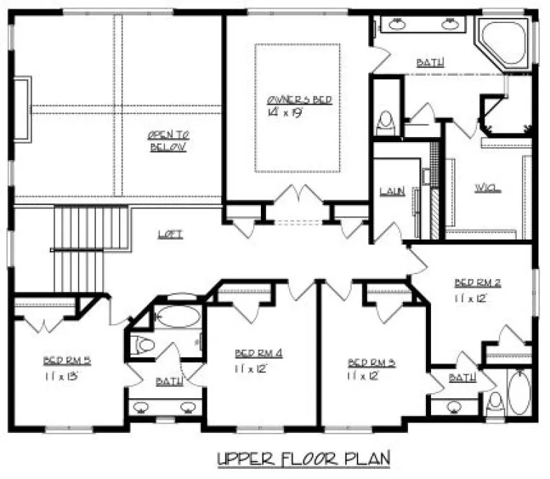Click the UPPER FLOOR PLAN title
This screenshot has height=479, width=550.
303,457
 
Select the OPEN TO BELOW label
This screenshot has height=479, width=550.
168,141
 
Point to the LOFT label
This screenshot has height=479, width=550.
170,234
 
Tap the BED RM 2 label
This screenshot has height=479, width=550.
476,282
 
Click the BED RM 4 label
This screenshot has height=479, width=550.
258,353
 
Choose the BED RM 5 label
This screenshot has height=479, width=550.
66,359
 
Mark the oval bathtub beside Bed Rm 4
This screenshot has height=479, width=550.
176,316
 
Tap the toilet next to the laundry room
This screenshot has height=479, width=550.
387,123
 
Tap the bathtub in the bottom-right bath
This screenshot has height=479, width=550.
518,392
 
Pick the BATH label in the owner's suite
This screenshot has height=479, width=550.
430,63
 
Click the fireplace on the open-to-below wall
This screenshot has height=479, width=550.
22,110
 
